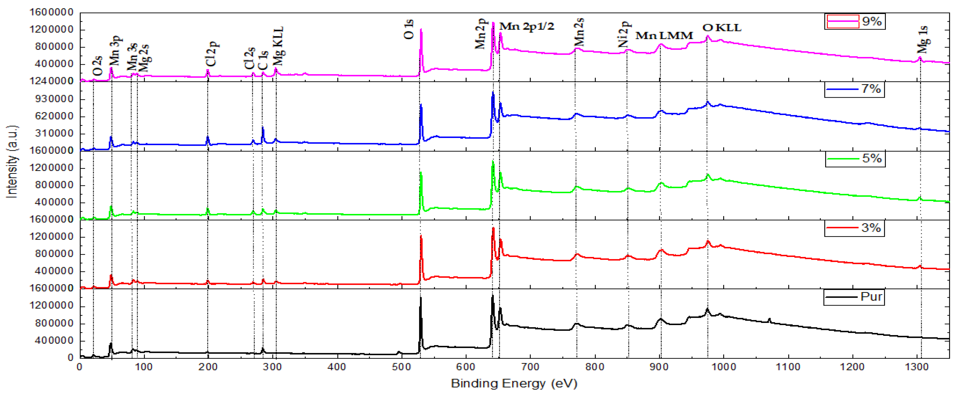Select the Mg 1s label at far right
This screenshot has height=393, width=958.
point(923,39)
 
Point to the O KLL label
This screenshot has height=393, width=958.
point(721,28)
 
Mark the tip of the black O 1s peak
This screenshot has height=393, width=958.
point(421,297)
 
